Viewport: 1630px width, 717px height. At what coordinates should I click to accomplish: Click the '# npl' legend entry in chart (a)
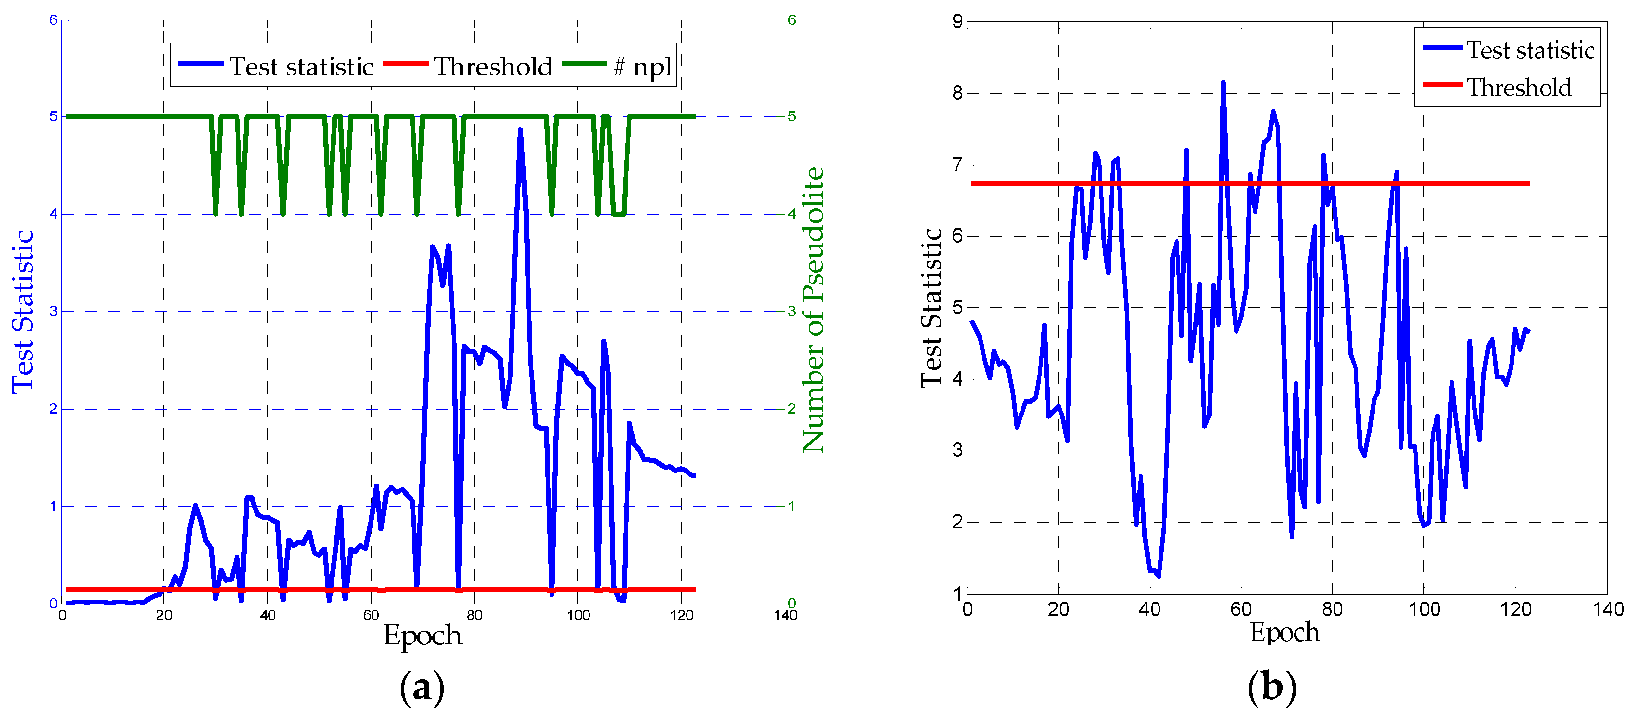click(642, 66)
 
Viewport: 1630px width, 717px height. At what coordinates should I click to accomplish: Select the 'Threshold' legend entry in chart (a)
click(493, 66)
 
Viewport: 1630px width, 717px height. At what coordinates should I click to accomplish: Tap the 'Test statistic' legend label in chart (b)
click(1531, 50)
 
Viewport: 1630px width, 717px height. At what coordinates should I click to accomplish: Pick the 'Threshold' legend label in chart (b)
click(1519, 87)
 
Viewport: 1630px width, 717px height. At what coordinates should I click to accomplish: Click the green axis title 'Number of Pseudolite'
click(813, 310)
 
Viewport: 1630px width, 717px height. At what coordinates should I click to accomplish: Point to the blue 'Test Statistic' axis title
click(23, 312)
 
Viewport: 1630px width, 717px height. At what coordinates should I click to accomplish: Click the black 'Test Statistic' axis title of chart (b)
click(931, 308)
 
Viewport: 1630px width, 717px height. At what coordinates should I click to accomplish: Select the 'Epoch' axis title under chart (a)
click(423, 635)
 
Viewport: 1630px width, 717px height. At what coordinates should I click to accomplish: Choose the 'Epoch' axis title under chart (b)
click(1284, 632)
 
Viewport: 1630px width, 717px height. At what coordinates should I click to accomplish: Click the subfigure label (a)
click(422, 687)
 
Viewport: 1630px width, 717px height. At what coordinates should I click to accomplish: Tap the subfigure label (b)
click(1272, 687)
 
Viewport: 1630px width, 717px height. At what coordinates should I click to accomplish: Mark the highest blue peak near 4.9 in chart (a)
click(520, 130)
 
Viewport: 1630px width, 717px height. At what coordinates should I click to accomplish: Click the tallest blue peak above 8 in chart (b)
click(1223, 82)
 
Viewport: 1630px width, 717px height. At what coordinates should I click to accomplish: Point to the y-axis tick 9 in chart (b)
click(957, 22)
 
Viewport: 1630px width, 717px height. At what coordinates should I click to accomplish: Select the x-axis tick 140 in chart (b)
click(1608, 609)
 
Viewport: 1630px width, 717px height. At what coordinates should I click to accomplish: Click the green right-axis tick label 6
click(791, 20)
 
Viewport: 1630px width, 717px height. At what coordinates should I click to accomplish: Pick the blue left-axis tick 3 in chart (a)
click(53, 311)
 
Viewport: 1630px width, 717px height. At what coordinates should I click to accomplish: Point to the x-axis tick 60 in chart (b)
click(1241, 609)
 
